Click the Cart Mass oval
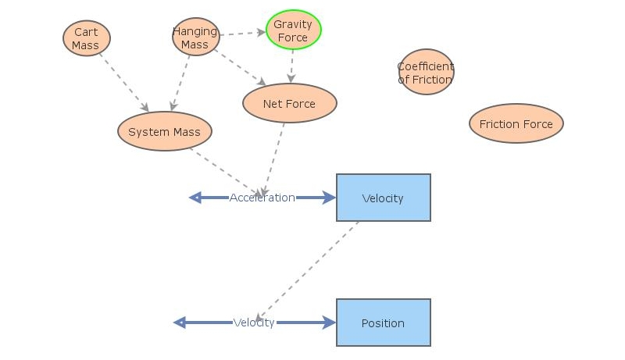86,38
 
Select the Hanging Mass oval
195,37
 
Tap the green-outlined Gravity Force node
293,30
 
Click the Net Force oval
289,104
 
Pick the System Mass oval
164,132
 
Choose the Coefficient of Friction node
425,73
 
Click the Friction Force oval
516,124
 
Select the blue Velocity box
383,198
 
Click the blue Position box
383,323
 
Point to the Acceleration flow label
262,198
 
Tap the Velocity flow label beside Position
254,323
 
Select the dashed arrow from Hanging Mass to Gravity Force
242,34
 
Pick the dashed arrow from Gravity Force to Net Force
291,67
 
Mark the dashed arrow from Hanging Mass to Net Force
241,68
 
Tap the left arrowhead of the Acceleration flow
195,198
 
